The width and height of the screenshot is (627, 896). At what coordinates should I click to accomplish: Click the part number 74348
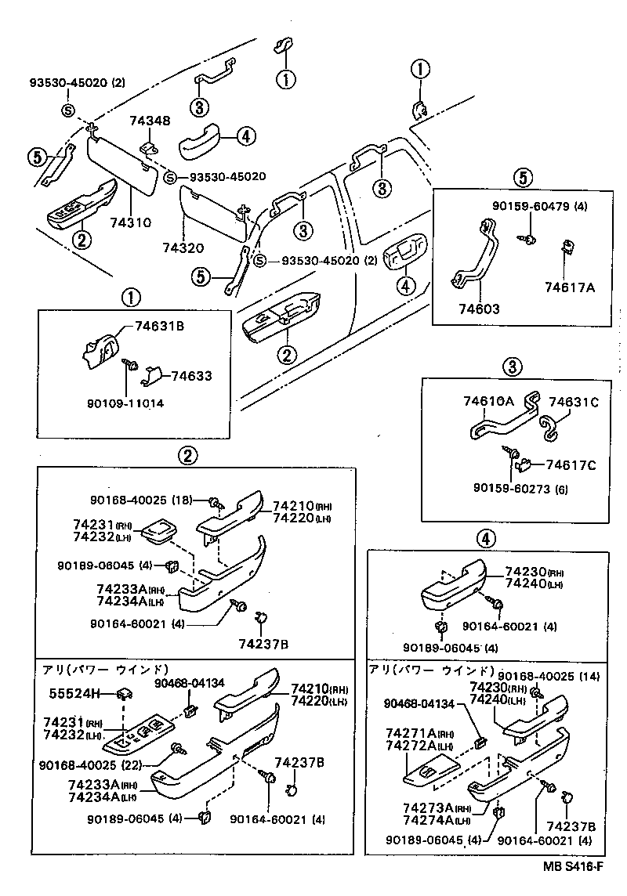(x=149, y=121)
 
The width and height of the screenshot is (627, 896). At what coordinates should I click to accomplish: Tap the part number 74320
(x=183, y=248)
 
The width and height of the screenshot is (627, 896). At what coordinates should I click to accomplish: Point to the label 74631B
(x=159, y=326)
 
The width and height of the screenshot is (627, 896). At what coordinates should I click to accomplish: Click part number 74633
(x=192, y=376)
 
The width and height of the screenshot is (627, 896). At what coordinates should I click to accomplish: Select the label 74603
(x=480, y=309)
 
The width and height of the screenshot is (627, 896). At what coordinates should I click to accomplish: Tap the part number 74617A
(x=571, y=287)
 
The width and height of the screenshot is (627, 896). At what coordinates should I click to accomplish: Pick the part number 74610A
(x=488, y=401)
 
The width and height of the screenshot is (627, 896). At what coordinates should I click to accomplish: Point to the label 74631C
(x=573, y=401)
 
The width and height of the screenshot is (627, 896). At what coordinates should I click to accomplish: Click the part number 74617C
(x=571, y=465)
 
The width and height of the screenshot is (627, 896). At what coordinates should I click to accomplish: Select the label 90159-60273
(x=520, y=490)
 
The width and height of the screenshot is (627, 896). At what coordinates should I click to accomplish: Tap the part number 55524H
(x=74, y=693)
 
